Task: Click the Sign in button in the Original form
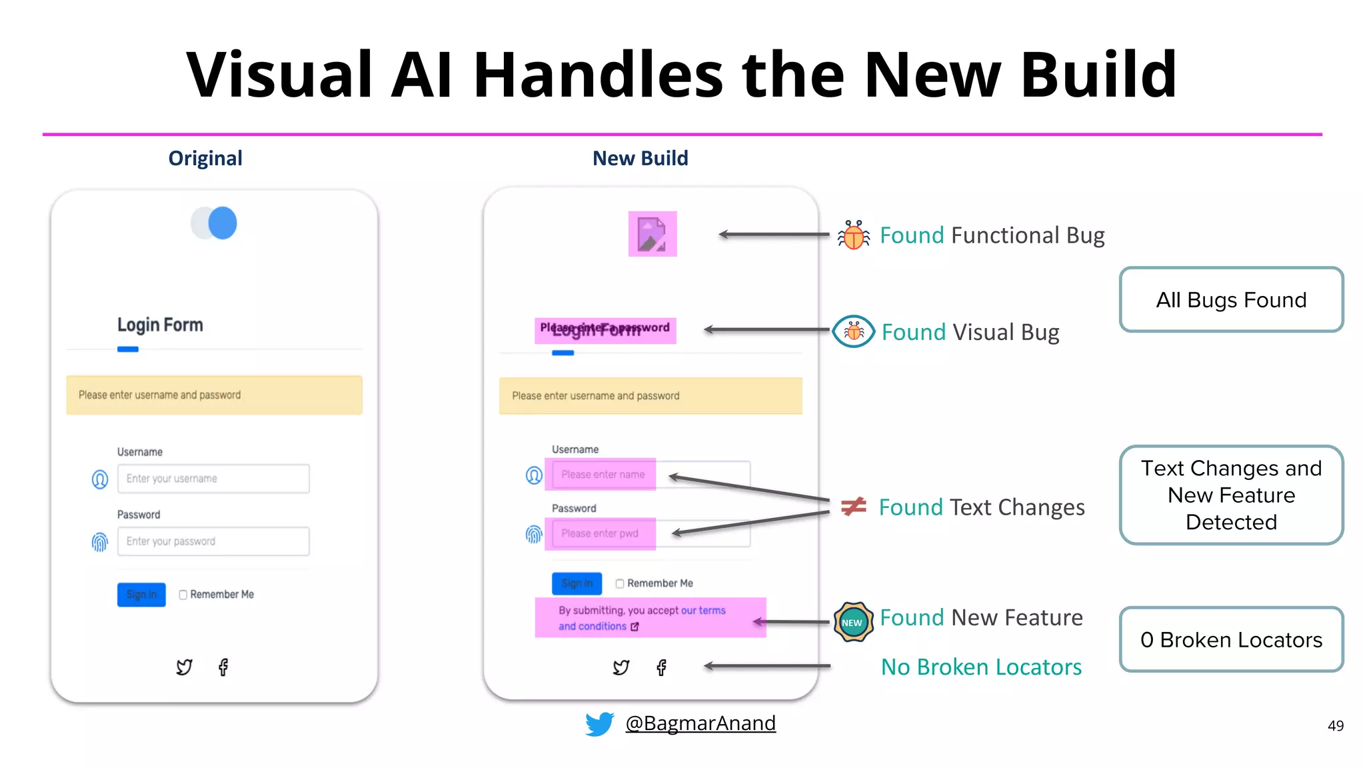click(141, 594)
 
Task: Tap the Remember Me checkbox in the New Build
click(620, 583)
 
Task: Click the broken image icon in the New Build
click(652, 234)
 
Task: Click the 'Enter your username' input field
click(213, 479)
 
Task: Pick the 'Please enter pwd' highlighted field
click(600, 533)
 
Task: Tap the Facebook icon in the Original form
click(223, 667)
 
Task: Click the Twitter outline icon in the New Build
click(621, 667)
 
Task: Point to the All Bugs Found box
click(1230, 300)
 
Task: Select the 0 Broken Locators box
click(1230, 639)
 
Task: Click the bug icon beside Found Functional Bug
click(853, 235)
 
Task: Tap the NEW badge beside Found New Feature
click(852, 622)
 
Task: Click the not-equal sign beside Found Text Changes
click(853, 507)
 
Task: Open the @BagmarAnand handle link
click(700, 723)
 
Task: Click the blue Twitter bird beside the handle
click(599, 723)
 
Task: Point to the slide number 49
click(1335, 726)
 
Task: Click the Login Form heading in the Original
click(160, 325)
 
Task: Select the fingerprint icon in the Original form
click(99, 542)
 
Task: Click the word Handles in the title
click(598, 75)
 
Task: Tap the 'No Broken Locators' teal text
click(980, 667)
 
